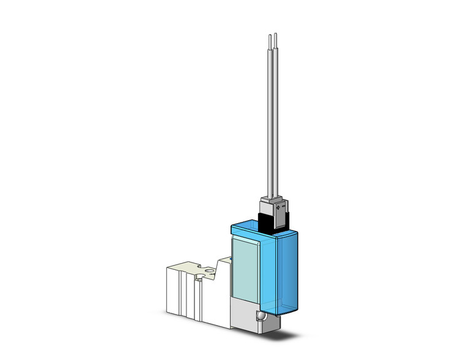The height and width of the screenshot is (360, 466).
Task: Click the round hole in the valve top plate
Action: (x=210, y=269)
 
